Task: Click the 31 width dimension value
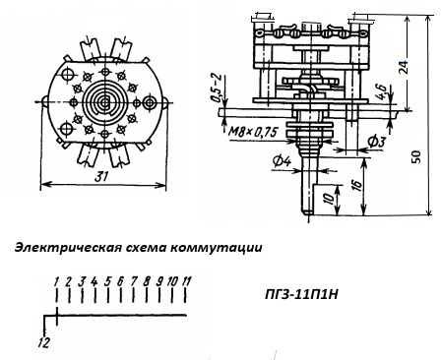coord(101,177)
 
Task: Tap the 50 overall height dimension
coord(416,157)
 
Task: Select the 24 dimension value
coord(404,67)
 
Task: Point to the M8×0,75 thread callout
coord(253,133)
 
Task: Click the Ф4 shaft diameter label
coord(282,161)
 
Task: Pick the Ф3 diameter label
coord(376,142)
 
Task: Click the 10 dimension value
coord(329,198)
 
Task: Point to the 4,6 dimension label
coord(381,91)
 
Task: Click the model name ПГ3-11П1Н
coord(301,295)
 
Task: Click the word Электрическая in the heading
coord(66,248)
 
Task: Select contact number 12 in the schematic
coord(43,343)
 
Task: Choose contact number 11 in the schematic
coord(186,281)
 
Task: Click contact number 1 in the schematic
coord(56,281)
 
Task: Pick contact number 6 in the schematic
coord(120,281)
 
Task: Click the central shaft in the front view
coord(104,103)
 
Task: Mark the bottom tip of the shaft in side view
coord(308,214)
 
